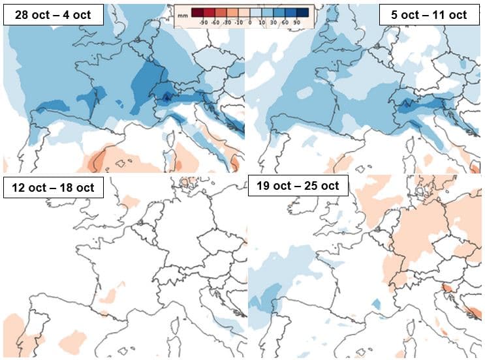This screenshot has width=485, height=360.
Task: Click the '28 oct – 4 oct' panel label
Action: tap(53, 14)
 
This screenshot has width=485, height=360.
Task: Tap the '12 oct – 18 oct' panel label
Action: tap(53, 188)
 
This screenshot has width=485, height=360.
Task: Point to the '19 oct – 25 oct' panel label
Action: tap(298, 185)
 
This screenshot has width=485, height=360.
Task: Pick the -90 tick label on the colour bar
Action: tap(204, 23)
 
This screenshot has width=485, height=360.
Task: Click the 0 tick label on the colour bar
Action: tap(250, 23)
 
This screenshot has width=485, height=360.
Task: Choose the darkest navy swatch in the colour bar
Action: tap(304, 12)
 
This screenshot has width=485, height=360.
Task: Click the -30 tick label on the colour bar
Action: tap(227, 23)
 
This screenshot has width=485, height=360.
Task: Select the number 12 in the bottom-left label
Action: tap(19, 188)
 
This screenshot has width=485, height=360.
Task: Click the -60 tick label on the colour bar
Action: tap(215, 23)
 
